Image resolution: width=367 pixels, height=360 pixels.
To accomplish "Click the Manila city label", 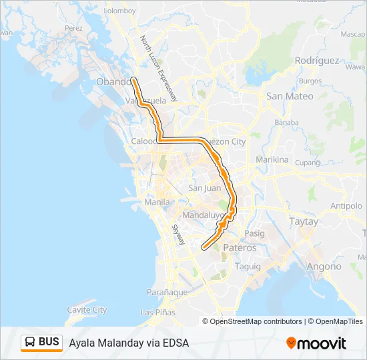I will pos(157,201).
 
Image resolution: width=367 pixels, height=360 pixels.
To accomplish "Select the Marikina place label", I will pos(272,160).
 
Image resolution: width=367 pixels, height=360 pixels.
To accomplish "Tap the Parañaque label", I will pos(167,292).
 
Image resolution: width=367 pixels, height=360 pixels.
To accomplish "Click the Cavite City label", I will pos(87,310).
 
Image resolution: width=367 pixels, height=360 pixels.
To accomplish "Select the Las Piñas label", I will pos(157,312).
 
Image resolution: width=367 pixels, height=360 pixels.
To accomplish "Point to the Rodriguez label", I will pos(317,60).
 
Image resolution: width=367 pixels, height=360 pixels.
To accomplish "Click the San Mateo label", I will pos(290,96).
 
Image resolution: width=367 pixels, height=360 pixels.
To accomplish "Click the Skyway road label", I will pos(178,234).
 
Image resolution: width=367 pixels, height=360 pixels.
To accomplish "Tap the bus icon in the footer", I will pos(29,343).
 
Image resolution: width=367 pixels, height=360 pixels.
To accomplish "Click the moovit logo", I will pos(316,343).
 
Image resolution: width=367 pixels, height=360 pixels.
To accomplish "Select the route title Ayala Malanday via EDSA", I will pos(129,343).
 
